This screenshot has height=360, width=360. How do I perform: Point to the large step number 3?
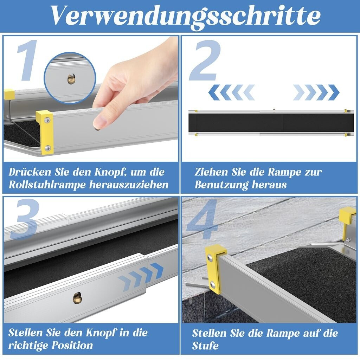point(24,219)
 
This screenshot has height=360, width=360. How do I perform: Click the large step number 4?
point(202,219)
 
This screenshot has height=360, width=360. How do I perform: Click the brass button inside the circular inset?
point(71,79)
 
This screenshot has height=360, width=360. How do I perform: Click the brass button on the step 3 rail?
point(77,298)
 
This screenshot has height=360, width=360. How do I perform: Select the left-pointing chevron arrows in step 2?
point(232,92)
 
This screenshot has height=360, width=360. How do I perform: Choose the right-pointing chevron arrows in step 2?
point(316,92)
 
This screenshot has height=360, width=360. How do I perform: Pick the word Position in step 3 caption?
point(72,345)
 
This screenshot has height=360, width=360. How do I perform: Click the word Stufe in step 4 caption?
point(205,346)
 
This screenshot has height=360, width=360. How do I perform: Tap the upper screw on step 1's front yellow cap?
point(47,120)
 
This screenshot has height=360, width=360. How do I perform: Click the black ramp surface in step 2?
point(271,123)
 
